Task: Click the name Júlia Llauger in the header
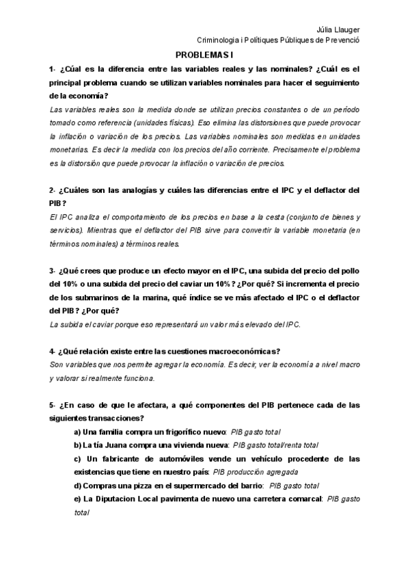click(x=338, y=29)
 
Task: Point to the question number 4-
click(x=53, y=352)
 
